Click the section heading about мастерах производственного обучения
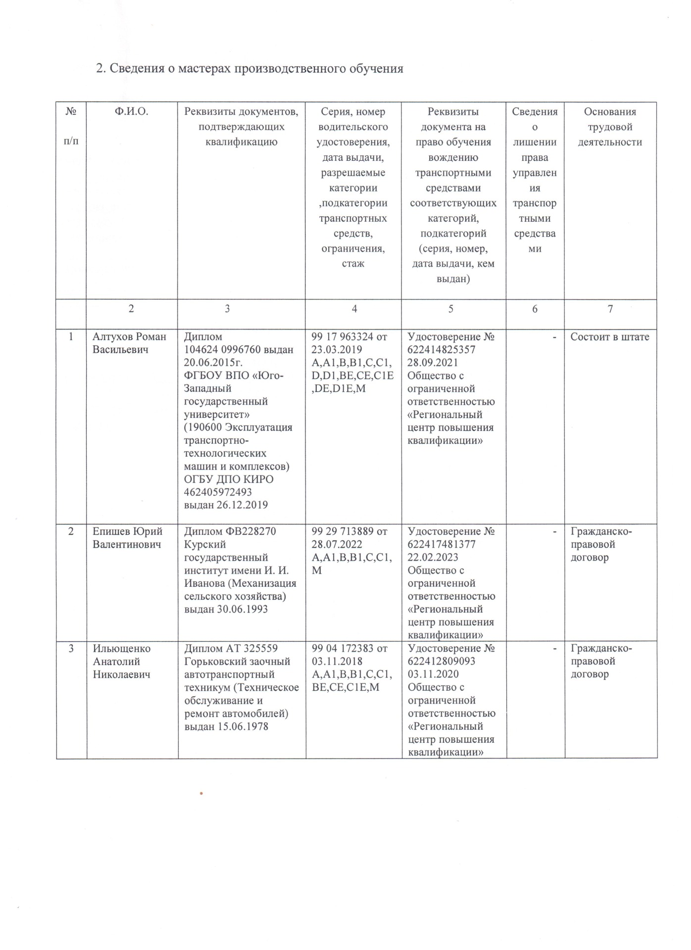249,68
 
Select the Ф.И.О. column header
132,112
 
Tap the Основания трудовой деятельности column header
610,127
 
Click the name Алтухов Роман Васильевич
129,343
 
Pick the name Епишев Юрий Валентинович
127,538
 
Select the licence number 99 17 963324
343,336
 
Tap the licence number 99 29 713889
343,531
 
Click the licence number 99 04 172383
343,648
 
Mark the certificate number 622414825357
442,349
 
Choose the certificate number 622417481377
442,544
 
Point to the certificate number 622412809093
442,661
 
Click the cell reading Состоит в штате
609,336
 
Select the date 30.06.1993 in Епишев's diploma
243,609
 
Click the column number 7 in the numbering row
610,309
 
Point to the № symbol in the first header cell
71,112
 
